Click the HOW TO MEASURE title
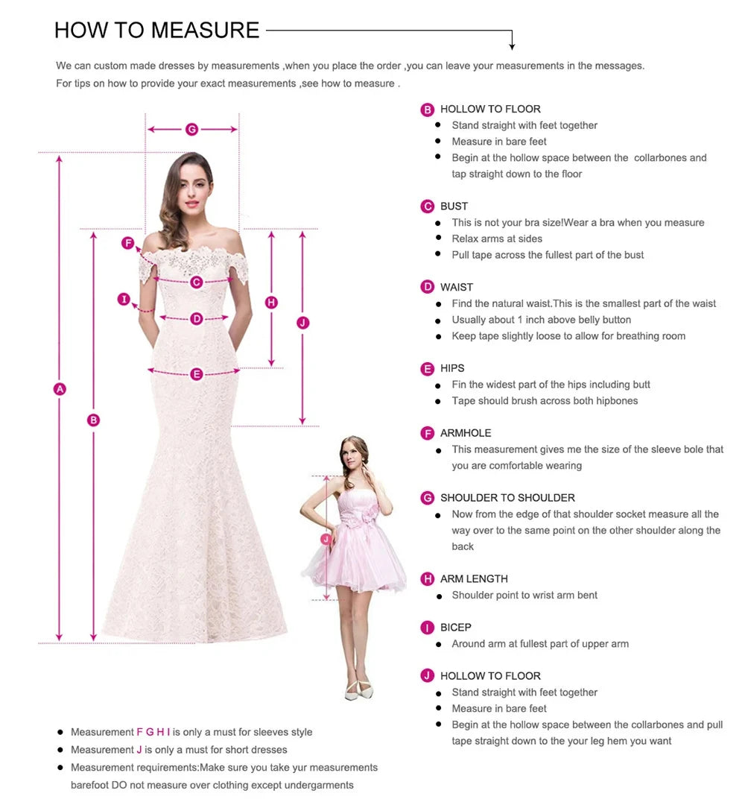pos(156,30)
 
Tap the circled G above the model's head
pos(191,130)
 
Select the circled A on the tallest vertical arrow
pos(60,389)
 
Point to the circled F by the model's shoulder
pos(127,243)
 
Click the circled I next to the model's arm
pos(124,299)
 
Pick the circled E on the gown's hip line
pos(197,374)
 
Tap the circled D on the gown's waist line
pos(197,319)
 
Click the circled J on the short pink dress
pos(326,539)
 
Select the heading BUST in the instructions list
pos(454,206)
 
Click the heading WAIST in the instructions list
pos(457,287)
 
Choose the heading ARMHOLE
pos(466,433)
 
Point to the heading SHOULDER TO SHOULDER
pos(508,498)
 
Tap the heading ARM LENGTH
pos(474,578)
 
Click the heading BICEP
pos(456,627)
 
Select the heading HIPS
pos(452,368)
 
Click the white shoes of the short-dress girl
pos(358,690)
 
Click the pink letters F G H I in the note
pos(153,732)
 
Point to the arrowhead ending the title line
pos(512,47)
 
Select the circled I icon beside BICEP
pos(427,628)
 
